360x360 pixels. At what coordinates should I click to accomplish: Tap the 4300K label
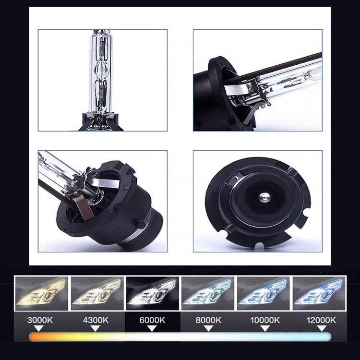(x=96, y=320)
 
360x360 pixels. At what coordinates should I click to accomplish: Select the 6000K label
(x=152, y=320)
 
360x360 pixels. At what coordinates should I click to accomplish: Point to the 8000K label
(x=207, y=320)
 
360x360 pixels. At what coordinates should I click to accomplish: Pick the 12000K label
(x=319, y=320)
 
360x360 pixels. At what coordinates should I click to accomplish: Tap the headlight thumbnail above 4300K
(x=96, y=291)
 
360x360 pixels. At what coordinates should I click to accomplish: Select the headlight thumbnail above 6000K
(x=152, y=291)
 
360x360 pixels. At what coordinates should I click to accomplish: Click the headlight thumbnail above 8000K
(x=207, y=291)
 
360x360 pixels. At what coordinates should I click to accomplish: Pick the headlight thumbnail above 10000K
(x=263, y=291)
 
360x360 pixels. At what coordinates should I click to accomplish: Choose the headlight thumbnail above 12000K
(x=319, y=291)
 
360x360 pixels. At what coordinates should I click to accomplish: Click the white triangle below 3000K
(x=40, y=328)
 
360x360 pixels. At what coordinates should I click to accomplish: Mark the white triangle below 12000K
(x=319, y=328)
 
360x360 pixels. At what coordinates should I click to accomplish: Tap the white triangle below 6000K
(x=152, y=328)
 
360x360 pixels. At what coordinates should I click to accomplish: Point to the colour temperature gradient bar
(x=180, y=337)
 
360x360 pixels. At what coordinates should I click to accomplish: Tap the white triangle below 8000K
(x=207, y=328)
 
